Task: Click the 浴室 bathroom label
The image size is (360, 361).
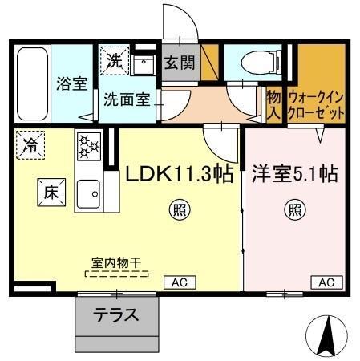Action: pos(72,83)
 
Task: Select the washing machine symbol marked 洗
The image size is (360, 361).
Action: pos(113,60)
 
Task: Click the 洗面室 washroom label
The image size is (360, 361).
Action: pos(123,100)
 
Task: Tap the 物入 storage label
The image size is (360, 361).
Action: pos(273,102)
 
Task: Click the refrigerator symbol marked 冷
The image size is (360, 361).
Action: pos(31,146)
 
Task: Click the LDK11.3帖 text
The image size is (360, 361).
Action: pos(180,172)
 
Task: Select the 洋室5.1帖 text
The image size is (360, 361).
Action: pos(294,172)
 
